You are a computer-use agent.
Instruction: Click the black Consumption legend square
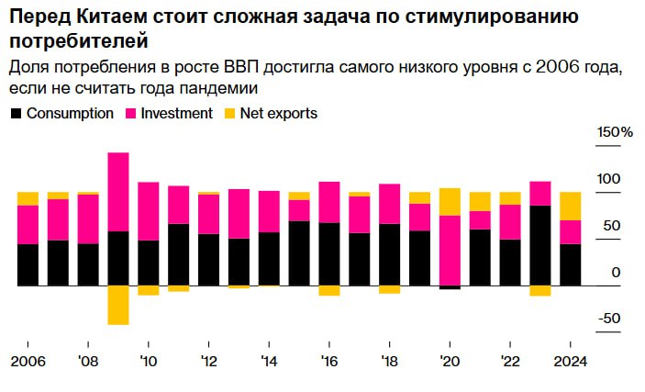(16, 114)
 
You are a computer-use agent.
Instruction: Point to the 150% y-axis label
(615, 133)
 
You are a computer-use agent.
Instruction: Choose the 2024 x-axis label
(571, 360)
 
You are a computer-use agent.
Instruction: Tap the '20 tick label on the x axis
(450, 360)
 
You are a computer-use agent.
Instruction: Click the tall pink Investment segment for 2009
(117, 192)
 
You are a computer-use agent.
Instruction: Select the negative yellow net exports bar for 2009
(117, 305)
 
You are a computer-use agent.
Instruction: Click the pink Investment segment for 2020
(450, 250)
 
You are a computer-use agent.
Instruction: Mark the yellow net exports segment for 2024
(571, 206)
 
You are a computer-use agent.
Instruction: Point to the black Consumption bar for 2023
(540, 245)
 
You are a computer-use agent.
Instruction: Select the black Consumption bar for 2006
(28, 264)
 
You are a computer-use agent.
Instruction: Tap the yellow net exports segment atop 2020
(450, 201)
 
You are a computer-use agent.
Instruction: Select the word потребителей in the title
(78, 42)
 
